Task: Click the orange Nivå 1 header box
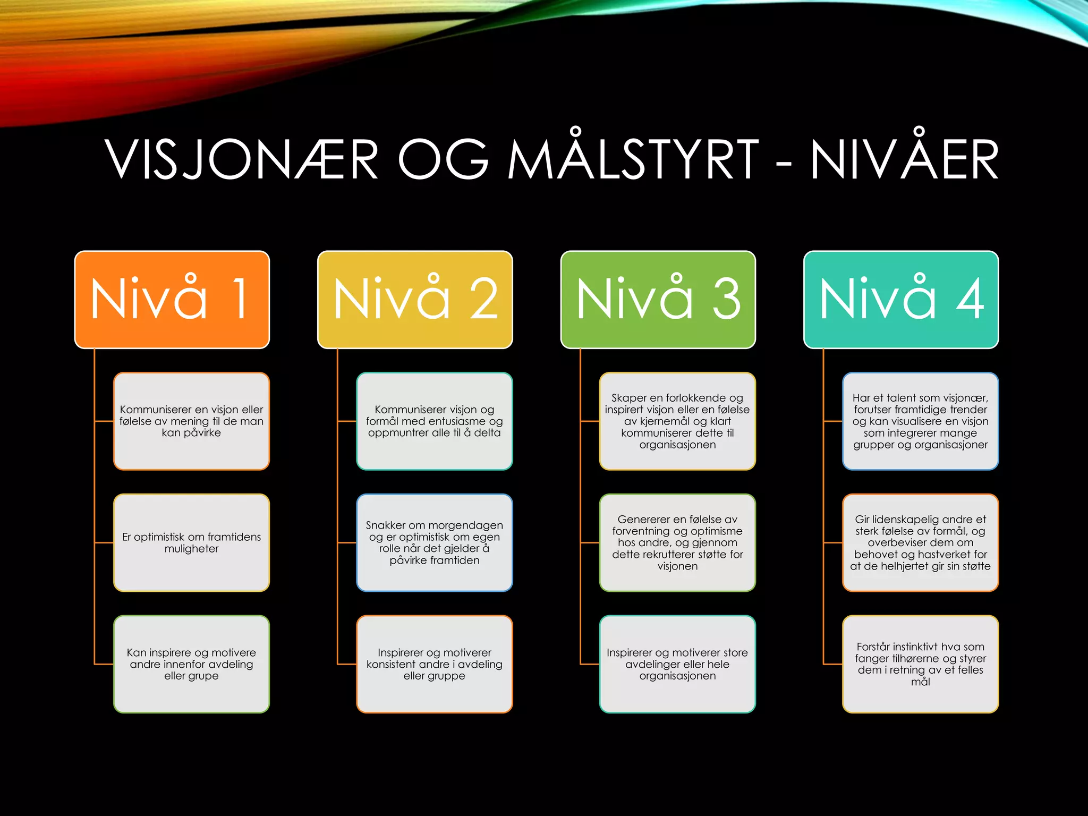172,300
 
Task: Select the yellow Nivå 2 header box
415,300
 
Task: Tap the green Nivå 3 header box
658,300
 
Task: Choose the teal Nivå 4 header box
901,300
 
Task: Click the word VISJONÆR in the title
242,159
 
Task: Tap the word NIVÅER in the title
904,159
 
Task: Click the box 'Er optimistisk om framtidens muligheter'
191,542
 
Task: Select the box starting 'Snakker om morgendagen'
434,542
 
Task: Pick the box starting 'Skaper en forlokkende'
677,421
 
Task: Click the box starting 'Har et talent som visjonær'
920,421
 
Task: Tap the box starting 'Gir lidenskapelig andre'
920,542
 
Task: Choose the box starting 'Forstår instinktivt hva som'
920,664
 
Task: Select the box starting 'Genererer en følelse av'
677,542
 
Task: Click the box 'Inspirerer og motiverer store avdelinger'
677,664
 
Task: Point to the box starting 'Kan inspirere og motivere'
191,664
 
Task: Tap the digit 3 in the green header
726,300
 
